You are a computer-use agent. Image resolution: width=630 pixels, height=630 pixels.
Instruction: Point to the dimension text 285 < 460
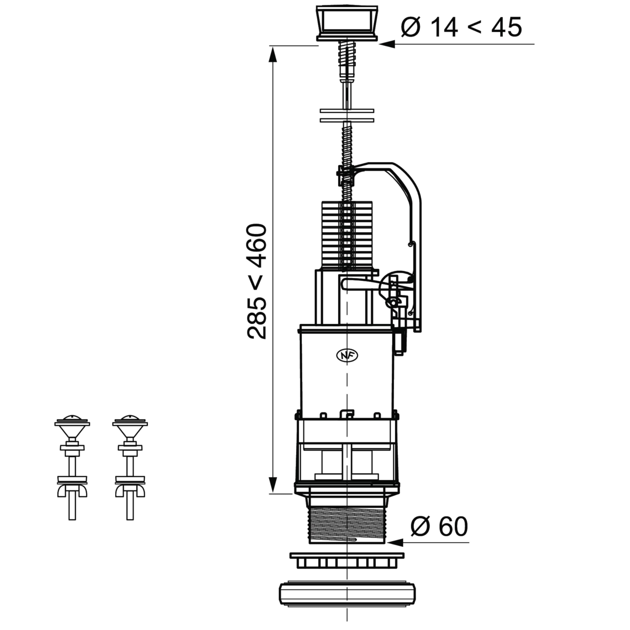pos(257,281)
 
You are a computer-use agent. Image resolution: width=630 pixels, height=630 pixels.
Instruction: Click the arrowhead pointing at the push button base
pos(387,44)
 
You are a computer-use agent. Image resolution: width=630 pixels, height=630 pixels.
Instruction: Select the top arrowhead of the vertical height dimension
pos(273,54)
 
